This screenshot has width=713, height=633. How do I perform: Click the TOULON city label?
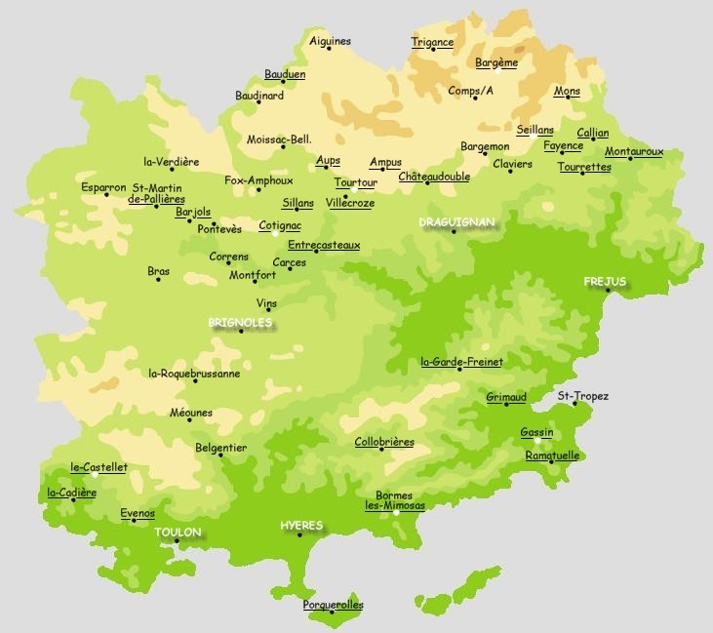(x=178, y=533)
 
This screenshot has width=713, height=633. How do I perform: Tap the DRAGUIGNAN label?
(x=457, y=222)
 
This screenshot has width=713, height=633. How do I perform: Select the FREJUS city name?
(x=605, y=281)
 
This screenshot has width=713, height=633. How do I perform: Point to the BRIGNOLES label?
(x=240, y=322)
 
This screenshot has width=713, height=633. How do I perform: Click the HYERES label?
(x=301, y=526)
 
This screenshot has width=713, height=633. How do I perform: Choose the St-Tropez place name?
(x=582, y=396)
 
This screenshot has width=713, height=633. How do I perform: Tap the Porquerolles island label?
(x=333, y=605)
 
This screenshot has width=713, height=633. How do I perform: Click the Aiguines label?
(x=330, y=41)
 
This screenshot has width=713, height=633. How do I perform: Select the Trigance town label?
(x=432, y=42)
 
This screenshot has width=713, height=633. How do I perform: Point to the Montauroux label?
(x=633, y=151)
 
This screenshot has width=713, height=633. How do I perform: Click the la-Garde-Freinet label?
(x=461, y=362)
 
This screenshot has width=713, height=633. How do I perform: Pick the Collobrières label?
(x=383, y=442)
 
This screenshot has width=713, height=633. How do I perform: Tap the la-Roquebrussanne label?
(x=193, y=373)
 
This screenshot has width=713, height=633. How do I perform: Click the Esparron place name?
(x=102, y=185)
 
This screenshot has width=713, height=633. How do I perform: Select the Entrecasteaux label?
(x=324, y=245)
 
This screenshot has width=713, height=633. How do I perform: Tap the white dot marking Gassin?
(x=537, y=440)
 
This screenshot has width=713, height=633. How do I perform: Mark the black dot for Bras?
(x=159, y=280)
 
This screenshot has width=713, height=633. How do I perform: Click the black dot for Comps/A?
(x=475, y=98)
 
